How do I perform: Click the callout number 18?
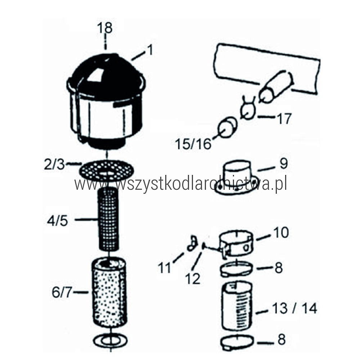click(105, 28)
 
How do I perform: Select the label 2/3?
click(54, 165)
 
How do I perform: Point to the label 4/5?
click(57, 221)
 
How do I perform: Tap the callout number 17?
click(284, 119)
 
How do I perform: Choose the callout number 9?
click(284, 163)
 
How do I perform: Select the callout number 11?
click(165, 268)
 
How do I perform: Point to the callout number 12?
click(193, 279)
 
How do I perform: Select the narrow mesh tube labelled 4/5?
click(108, 219)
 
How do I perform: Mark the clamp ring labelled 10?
click(237, 244)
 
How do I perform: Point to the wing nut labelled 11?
click(192, 243)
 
